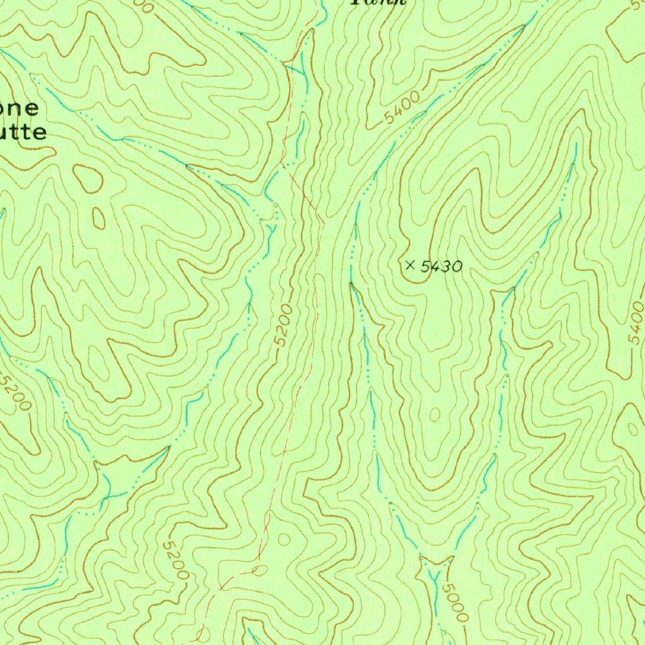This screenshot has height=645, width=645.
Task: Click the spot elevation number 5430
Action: pos(441,267)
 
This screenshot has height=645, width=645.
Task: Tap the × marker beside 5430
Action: pos(411,266)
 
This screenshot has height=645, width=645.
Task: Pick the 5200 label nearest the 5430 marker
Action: pos(284,325)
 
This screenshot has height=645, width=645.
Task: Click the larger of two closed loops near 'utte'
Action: pos(88,179)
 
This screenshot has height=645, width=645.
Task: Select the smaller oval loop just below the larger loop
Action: pos(99,218)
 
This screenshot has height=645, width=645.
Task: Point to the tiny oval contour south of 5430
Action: pos(435,414)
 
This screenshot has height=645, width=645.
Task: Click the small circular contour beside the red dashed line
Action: pos(283,539)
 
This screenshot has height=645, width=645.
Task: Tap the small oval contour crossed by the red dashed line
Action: pos(258,571)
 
